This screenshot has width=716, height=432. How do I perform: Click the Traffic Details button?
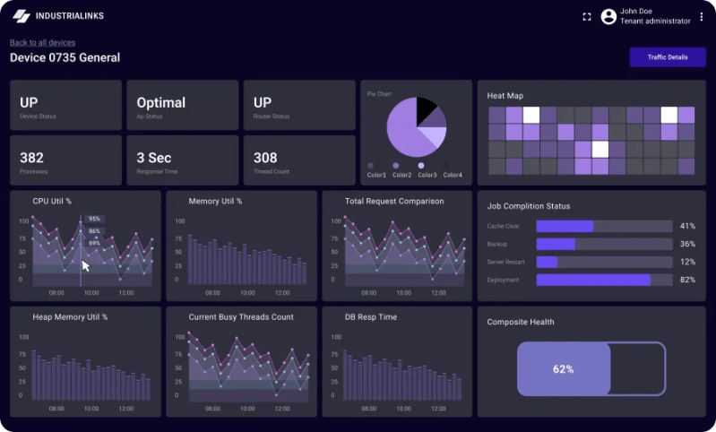tap(667, 57)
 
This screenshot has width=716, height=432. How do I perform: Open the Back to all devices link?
tap(42, 42)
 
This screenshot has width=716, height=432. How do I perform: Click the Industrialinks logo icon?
tap(21, 16)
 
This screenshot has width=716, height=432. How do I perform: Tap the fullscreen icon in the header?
tap(587, 16)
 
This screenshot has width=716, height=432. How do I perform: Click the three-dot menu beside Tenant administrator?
tap(702, 16)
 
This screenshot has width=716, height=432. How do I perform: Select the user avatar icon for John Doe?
tap(608, 16)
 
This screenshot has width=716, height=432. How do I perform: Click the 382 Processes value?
tap(31, 158)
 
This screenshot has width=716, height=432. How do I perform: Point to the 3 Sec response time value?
tap(153, 158)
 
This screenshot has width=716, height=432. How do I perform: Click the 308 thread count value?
tap(265, 158)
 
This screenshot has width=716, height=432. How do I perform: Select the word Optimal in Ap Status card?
tap(160, 102)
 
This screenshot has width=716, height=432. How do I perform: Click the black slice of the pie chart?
tap(427, 111)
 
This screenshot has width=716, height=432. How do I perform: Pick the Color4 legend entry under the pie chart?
tap(452, 175)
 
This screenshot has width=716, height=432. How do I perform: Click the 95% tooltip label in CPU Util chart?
tap(94, 219)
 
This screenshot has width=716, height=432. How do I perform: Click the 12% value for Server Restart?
tap(687, 262)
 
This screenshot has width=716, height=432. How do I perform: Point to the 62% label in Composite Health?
tap(563, 368)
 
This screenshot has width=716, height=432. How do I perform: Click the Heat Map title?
tap(505, 96)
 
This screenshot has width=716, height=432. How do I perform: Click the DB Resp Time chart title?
tap(370, 316)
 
